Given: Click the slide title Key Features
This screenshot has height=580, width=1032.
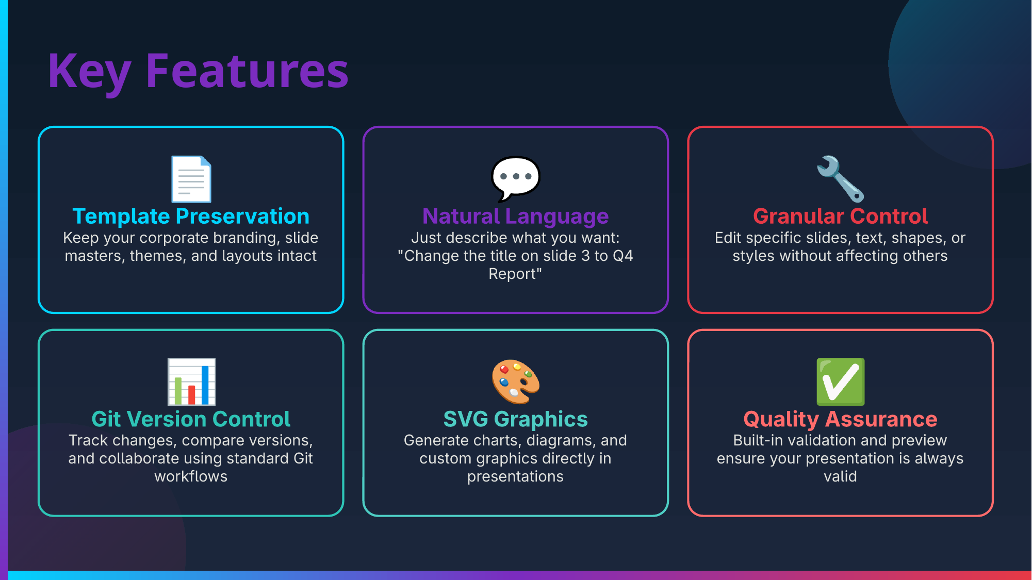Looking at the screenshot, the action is (198, 72).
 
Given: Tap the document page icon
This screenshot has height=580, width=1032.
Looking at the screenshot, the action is (191, 179).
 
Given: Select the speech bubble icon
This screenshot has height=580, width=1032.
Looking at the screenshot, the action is (516, 179).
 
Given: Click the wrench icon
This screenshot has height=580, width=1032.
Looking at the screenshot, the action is (840, 179).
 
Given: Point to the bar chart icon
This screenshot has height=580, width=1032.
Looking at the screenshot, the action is (191, 382).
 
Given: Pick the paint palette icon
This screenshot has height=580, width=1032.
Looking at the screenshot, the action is (516, 382).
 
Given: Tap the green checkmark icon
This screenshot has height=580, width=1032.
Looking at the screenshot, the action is (840, 382).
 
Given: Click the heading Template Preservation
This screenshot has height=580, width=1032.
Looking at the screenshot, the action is (191, 217).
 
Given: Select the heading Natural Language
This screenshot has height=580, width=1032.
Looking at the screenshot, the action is (516, 217).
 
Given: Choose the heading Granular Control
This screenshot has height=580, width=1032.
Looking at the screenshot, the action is (840, 216).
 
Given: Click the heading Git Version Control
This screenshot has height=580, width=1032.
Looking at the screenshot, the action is (191, 419).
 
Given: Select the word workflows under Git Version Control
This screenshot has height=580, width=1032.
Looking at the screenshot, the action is (191, 476).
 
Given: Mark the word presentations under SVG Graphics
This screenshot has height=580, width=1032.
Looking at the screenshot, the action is (516, 477).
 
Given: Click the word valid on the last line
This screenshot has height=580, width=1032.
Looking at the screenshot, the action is (840, 476).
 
